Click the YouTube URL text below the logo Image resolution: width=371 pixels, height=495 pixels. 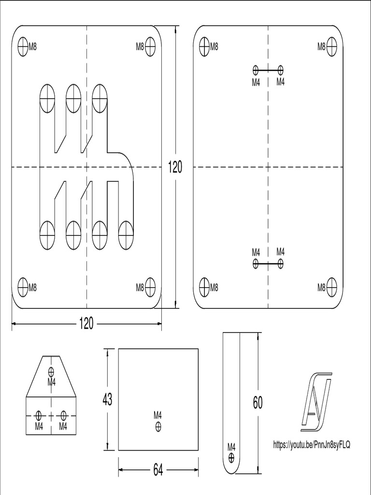click(312, 444)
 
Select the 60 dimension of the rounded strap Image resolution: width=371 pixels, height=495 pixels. click(257, 402)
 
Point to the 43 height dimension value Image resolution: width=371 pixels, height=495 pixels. click(108, 400)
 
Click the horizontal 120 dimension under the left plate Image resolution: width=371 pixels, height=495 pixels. click(86, 324)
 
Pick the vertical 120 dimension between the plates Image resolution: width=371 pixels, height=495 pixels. click(175, 167)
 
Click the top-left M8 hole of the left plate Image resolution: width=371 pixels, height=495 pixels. click(23, 47)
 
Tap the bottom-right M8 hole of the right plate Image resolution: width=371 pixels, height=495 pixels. click(331, 287)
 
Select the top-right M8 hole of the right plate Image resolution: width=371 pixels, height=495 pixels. click(331, 47)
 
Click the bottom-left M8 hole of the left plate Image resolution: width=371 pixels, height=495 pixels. click(23, 287)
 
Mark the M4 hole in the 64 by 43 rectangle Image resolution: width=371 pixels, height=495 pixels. click(158, 426)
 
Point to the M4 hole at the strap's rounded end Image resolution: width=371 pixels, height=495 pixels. click(231, 456)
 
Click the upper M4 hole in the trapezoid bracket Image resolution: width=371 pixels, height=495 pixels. click(51, 372)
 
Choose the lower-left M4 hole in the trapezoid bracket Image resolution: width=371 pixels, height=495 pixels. click(39, 415)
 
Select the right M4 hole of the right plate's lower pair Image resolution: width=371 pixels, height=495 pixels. click(281, 263)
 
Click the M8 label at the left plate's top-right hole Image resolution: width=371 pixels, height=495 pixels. click(140, 47)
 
